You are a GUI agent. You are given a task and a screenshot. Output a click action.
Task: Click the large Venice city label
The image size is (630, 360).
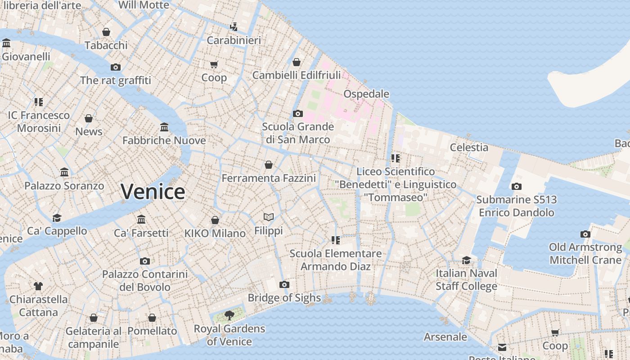153,192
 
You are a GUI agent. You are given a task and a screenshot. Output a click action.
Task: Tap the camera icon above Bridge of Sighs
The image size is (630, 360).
284,284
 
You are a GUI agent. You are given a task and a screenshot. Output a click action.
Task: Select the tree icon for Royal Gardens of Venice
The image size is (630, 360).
229,315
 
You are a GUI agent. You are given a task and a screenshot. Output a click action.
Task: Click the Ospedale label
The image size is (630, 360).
366,94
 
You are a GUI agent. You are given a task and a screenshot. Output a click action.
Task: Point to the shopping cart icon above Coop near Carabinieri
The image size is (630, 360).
214,64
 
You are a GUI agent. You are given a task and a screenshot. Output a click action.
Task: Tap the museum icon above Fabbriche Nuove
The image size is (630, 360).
164,127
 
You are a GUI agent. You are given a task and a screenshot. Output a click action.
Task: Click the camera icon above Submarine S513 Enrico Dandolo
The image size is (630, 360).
517,186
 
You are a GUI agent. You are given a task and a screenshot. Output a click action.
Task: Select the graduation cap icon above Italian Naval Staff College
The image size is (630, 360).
466,260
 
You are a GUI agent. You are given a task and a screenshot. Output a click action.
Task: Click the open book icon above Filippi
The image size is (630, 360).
269,217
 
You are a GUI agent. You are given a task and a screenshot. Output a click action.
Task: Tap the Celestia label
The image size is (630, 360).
469,148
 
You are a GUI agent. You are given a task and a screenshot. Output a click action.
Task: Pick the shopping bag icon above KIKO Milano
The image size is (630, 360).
215,220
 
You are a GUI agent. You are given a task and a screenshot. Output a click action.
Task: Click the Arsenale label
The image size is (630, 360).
445,337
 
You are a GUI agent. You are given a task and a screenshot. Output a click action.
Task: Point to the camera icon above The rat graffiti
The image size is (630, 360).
116,67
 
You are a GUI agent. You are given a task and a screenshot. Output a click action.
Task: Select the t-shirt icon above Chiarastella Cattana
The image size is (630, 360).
38,286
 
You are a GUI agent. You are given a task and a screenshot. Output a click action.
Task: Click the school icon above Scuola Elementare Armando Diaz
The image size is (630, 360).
335,240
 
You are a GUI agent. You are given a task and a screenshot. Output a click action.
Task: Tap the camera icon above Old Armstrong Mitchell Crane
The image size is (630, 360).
585,234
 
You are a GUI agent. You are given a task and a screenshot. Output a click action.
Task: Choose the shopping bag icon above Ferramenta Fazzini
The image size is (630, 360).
269,165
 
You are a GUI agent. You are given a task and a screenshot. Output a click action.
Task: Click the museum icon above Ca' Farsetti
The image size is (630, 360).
141,219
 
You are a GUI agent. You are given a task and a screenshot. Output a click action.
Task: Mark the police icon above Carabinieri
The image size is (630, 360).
234,27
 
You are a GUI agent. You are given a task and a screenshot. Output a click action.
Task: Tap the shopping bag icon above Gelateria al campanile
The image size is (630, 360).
94,318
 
